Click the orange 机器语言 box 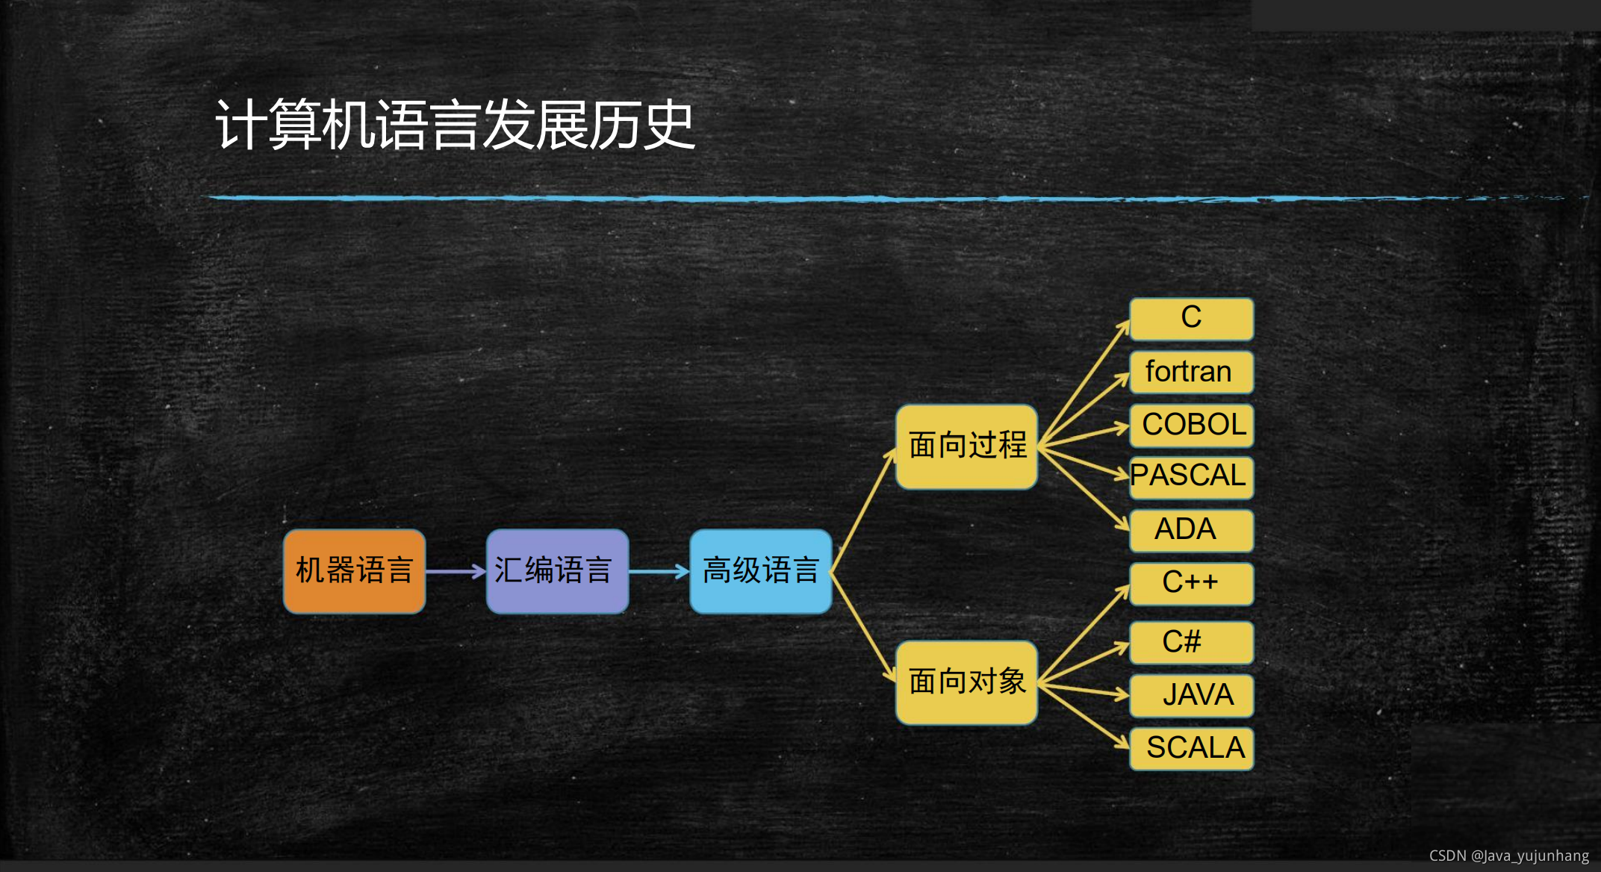click(x=354, y=571)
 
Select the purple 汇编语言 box click(x=557, y=571)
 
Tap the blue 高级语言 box click(x=760, y=571)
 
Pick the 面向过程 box click(x=966, y=446)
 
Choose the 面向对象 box click(x=966, y=682)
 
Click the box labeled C click(x=1191, y=319)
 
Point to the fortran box click(x=1191, y=372)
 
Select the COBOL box click(x=1191, y=425)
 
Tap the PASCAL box click(x=1191, y=477)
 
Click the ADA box click(x=1191, y=530)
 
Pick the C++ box click(x=1191, y=583)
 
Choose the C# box click(x=1191, y=642)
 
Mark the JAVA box click(x=1191, y=695)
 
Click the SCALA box click(x=1191, y=748)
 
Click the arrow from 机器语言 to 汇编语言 click(x=456, y=572)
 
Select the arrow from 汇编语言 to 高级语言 click(x=659, y=572)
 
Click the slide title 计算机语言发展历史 click(x=456, y=125)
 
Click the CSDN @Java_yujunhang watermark click(x=1508, y=856)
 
